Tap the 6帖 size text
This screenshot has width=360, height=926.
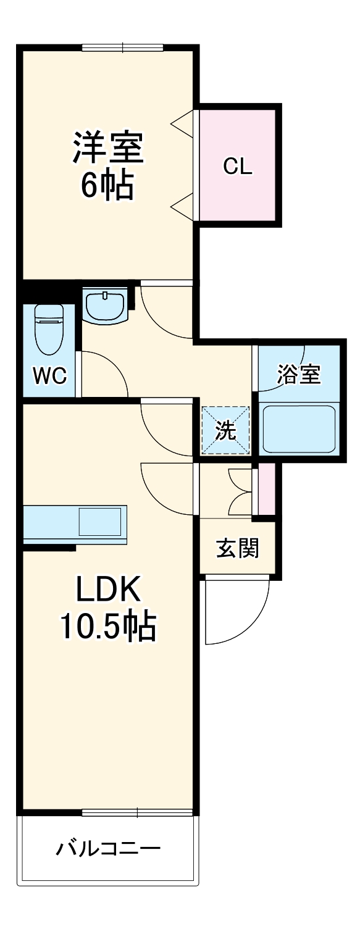pos(108,185)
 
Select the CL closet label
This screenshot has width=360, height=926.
pos(238,166)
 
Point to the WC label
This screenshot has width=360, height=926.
pos(49,377)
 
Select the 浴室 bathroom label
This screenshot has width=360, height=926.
pos(298,374)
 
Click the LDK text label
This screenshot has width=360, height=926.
pos(109,591)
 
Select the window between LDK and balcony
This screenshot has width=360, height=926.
pos(137,812)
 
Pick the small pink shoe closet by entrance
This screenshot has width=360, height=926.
pos(266,488)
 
